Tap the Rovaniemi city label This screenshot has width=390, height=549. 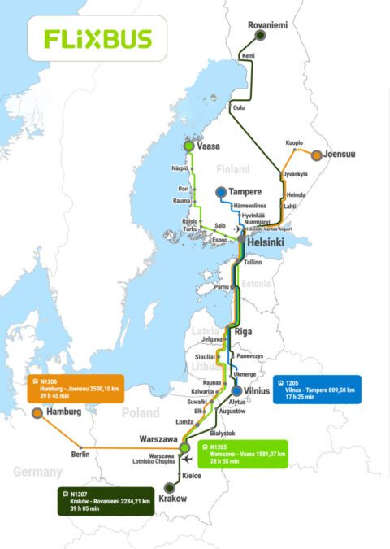click(268, 26)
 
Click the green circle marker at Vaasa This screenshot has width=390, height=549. click(189, 146)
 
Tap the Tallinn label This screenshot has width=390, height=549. click(253, 263)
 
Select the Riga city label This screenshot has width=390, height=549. click(244, 332)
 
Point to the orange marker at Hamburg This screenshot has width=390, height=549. click(37, 413)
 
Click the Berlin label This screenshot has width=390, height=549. click(80, 455)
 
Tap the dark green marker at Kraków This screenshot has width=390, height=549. click(169, 487)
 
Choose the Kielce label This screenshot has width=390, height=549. click(193, 474)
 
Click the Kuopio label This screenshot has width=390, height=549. click(294, 142)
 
